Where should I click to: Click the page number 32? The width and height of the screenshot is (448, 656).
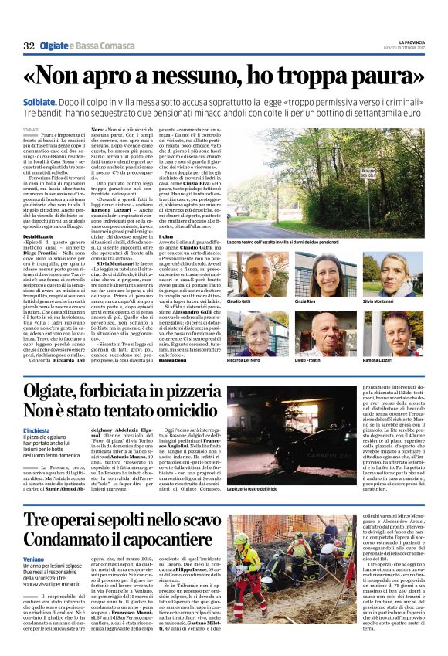[x=29, y=46]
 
